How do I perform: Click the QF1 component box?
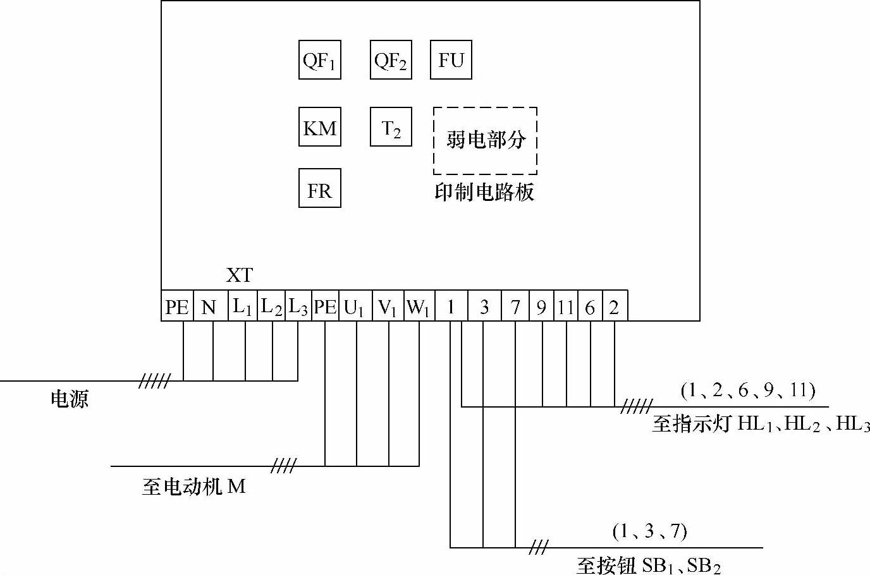click(319, 60)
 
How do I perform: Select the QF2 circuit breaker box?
click(391, 60)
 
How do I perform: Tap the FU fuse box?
click(451, 60)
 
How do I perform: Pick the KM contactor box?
click(319, 128)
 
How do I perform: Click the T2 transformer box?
click(391, 128)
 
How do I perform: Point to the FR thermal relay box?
click(319, 188)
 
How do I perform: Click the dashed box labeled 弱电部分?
click(485, 140)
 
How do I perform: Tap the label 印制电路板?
click(484, 192)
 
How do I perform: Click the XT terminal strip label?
click(240, 275)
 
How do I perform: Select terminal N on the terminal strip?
click(209, 307)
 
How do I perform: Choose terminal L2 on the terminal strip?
click(271, 307)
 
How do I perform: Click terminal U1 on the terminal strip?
click(355, 307)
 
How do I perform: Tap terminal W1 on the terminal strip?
click(419, 307)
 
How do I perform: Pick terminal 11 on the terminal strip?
click(565, 307)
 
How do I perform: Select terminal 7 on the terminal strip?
click(515, 307)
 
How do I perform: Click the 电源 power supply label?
click(70, 399)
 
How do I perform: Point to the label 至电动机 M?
click(193, 487)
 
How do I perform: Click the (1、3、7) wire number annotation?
click(649, 531)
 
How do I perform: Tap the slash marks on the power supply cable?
click(154, 381)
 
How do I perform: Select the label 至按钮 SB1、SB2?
click(648, 564)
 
